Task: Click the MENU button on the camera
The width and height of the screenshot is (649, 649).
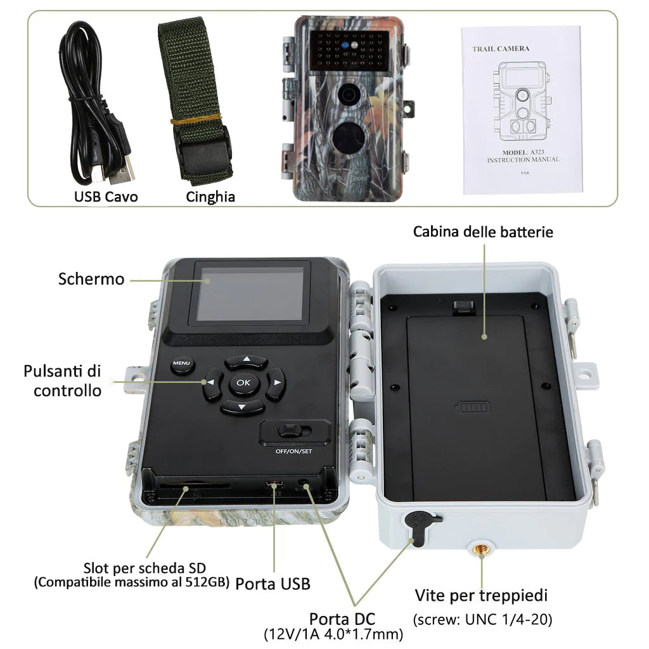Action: [x=182, y=364]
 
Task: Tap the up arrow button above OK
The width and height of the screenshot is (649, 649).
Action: [x=247, y=361]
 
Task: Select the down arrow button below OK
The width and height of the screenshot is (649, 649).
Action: [x=243, y=406]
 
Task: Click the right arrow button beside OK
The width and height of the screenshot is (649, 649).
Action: [x=275, y=383]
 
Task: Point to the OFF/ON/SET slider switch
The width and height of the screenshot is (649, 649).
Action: [x=294, y=430]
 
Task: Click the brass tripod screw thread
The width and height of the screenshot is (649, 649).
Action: [x=481, y=549]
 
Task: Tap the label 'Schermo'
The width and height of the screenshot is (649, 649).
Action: [x=91, y=279]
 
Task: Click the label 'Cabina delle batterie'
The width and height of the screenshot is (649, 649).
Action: [x=483, y=231]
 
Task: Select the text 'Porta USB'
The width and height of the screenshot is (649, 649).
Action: [x=273, y=584]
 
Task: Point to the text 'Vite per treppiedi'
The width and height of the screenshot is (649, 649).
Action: [x=481, y=595]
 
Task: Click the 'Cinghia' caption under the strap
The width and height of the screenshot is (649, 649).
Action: [x=210, y=197]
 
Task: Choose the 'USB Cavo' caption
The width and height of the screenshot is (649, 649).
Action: [x=106, y=196]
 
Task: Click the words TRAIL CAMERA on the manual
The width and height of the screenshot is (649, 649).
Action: [x=501, y=49]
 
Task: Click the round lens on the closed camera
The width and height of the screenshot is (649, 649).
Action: [x=349, y=94]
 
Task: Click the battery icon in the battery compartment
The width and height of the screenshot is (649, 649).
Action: [x=472, y=407]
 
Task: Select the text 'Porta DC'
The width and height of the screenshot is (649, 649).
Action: [x=342, y=619]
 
